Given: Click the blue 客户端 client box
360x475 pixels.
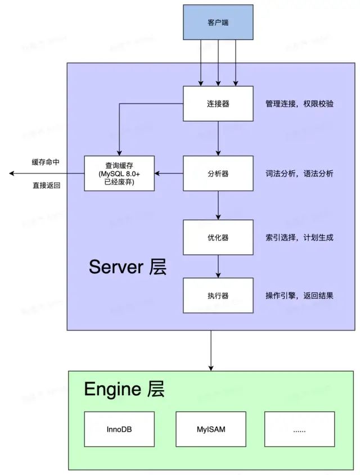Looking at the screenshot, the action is (x=218, y=22).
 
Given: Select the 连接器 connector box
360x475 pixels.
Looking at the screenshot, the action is (x=218, y=103).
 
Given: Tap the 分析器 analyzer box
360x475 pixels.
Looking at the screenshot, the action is (x=218, y=173).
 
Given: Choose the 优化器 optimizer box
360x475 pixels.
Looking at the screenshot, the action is (x=218, y=237).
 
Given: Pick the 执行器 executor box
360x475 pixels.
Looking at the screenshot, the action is (x=218, y=295).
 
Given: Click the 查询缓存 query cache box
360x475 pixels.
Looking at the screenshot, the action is (x=119, y=173).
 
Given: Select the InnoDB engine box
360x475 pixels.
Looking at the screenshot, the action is (x=119, y=429).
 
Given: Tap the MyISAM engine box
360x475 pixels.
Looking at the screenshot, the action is (x=211, y=429).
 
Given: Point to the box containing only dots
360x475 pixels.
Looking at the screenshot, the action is (x=299, y=429).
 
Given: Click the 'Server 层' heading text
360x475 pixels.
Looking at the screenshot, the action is (x=128, y=267).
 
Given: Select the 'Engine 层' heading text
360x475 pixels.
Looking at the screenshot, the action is (x=124, y=389).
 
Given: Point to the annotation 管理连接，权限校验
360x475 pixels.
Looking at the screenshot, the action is (x=299, y=103).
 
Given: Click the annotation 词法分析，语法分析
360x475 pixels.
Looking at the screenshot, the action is (x=299, y=173).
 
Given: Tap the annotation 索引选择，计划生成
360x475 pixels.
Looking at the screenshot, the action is (x=299, y=237).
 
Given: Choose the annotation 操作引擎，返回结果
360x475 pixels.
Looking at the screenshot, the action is (x=299, y=295).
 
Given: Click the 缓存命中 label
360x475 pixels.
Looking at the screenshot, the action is (x=46, y=162).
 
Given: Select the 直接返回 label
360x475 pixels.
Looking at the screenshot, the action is (x=46, y=185).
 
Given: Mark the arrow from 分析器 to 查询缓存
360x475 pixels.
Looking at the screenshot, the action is (x=169, y=173).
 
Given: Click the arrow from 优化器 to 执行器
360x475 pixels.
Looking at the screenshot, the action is (x=218, y=266).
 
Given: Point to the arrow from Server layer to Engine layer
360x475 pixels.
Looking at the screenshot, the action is (x=211, y=351).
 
